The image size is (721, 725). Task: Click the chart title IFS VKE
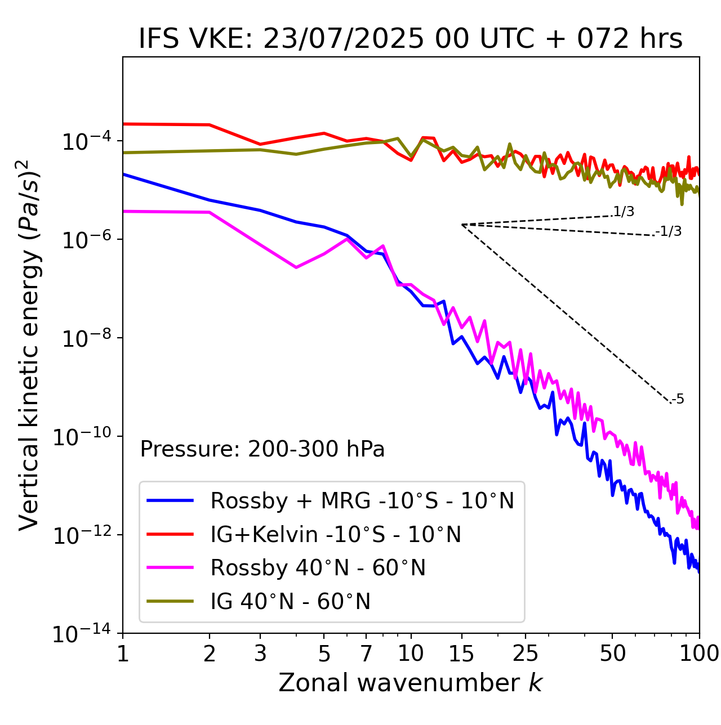[x=410, y=39]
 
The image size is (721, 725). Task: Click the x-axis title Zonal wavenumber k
[x=410, y=683]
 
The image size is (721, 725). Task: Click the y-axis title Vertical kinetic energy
[x=29, y=344]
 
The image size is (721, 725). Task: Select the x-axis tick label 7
[x=366, y=654]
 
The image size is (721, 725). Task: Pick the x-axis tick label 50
[x=612, y=654]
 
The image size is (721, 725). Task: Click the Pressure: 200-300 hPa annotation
[x=262, y=449]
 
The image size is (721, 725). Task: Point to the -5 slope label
[x=678, y=400]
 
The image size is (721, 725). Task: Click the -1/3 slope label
[x=669, y=231]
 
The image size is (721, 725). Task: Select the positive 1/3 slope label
[x=624, y=212]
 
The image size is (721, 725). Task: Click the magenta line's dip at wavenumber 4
[x=296, y=267]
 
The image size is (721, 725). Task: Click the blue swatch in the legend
[x=170, y=500]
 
